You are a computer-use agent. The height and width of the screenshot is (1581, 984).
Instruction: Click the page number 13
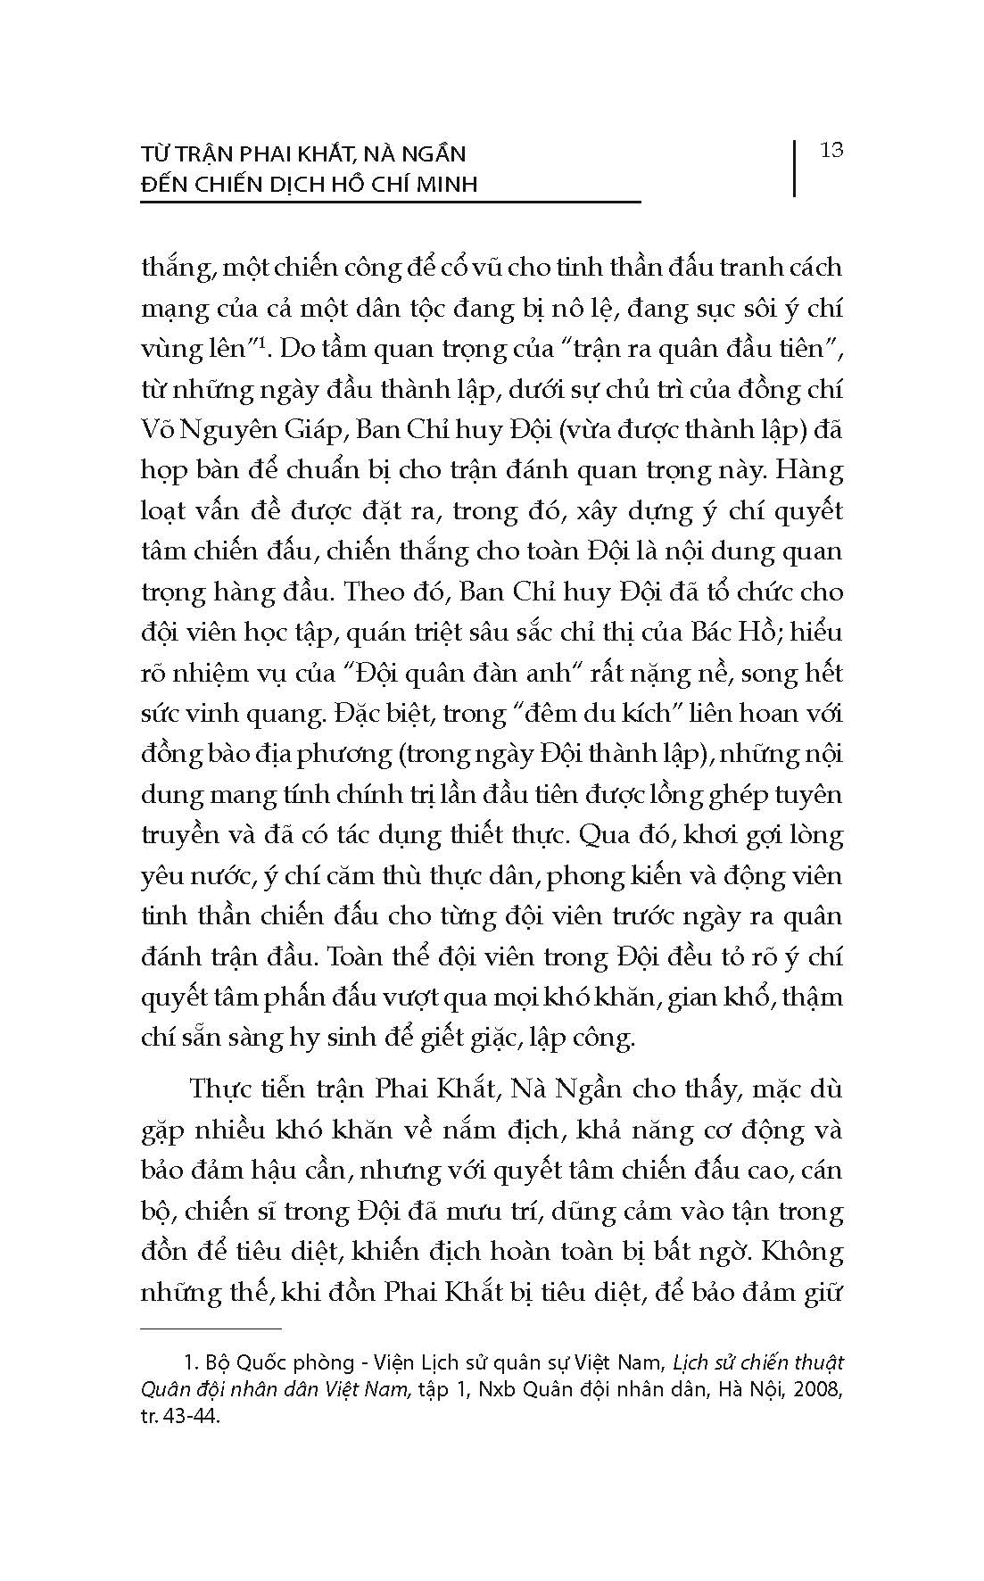(831, 150)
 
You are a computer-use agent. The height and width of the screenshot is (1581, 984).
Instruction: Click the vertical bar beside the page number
(793, 167)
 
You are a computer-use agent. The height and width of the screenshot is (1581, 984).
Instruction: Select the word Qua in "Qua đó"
(606, 835)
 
